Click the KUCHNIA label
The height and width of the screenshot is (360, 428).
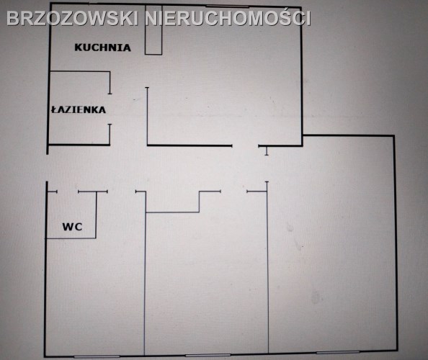pos(102,48)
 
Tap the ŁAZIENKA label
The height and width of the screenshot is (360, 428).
pos(79,109)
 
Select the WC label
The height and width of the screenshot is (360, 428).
pos(72,227)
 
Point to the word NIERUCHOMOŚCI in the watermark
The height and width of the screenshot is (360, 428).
pos(228,18)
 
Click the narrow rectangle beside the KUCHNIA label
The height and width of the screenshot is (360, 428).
pos(153,30)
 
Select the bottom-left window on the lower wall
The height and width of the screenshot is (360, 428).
pos(97,356)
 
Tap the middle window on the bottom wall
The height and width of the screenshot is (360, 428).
pos(208,355)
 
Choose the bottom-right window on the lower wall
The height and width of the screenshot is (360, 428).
pos(338,352)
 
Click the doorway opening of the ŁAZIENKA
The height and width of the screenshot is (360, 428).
pos(110,109)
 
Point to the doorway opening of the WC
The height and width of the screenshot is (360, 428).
pos(68,192)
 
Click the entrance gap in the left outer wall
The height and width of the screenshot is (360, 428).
pos(47,168)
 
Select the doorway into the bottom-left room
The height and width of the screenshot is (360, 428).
pos(122,192)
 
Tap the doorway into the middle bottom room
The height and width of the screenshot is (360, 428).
pos(233,192)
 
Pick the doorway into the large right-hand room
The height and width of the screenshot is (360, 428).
pos(267,168)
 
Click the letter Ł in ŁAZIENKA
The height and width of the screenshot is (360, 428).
pos(54,109)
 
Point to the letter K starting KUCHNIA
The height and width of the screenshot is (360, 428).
pos(79,48)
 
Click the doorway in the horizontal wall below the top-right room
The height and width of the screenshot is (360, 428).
pos(245,146)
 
